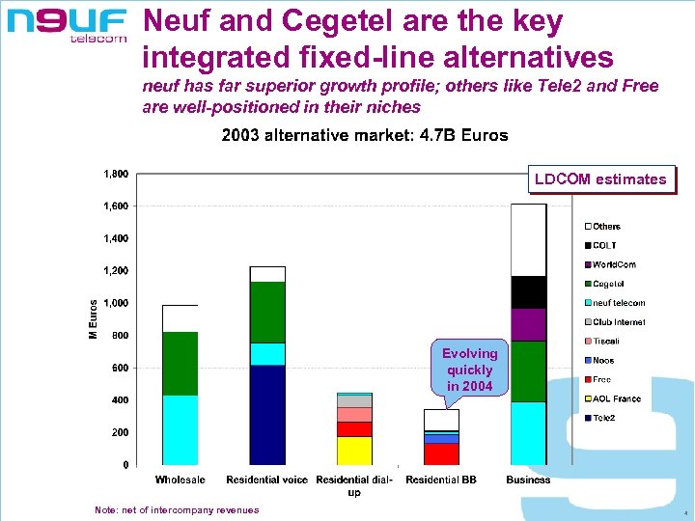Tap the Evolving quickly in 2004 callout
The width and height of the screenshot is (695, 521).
469,370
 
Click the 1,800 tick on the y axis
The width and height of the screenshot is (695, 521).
117,175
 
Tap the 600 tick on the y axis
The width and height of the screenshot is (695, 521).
120,368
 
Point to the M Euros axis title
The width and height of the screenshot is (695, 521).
94,319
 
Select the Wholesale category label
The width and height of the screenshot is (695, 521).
180,480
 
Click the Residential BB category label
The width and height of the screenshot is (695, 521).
441,480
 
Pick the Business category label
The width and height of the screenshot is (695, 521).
528,480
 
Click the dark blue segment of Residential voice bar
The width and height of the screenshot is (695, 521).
266,415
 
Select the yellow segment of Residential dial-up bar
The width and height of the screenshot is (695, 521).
354,451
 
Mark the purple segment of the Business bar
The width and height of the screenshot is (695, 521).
528,324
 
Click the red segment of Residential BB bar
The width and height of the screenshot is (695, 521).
441,453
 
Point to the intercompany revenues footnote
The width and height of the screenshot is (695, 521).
177,509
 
